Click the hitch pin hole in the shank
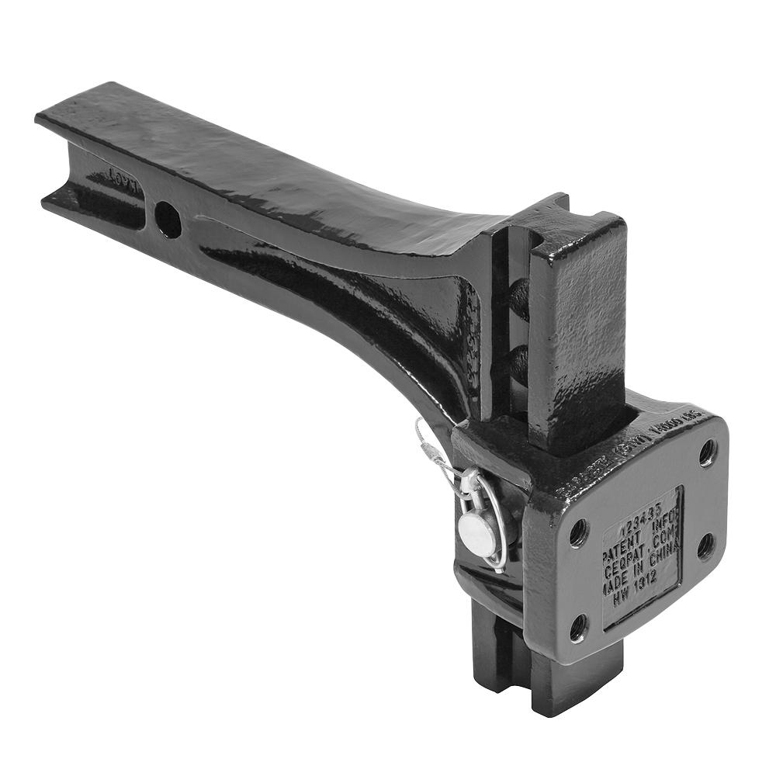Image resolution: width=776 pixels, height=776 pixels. click(x=168, y=220)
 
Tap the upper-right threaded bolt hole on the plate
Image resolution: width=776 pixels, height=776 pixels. click(x=707, y=452)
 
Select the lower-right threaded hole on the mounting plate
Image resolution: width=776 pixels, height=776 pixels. click(x=705, y=546)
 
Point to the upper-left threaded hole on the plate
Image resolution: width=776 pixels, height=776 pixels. click(x=578, y=532)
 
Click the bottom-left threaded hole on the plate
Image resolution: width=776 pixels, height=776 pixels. click(x=579, y=627)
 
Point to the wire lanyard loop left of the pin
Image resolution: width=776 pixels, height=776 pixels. click(x=431, y=454)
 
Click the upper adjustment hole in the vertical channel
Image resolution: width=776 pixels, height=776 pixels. click(x=518, y=299)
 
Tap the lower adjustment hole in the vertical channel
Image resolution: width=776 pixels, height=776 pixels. click(x=518, y=362)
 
